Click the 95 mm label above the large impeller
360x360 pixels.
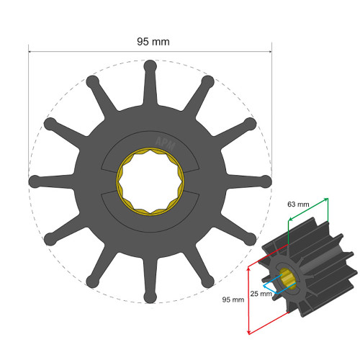click(153, 42)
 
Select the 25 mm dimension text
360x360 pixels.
click(261, 293)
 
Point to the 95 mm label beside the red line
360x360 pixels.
click(232, 300)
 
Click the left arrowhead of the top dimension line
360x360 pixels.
click(31, 51)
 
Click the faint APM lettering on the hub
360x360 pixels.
click(164, 142)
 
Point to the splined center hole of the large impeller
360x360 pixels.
click(150, 180)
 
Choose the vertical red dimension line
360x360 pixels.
click(248, 299)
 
